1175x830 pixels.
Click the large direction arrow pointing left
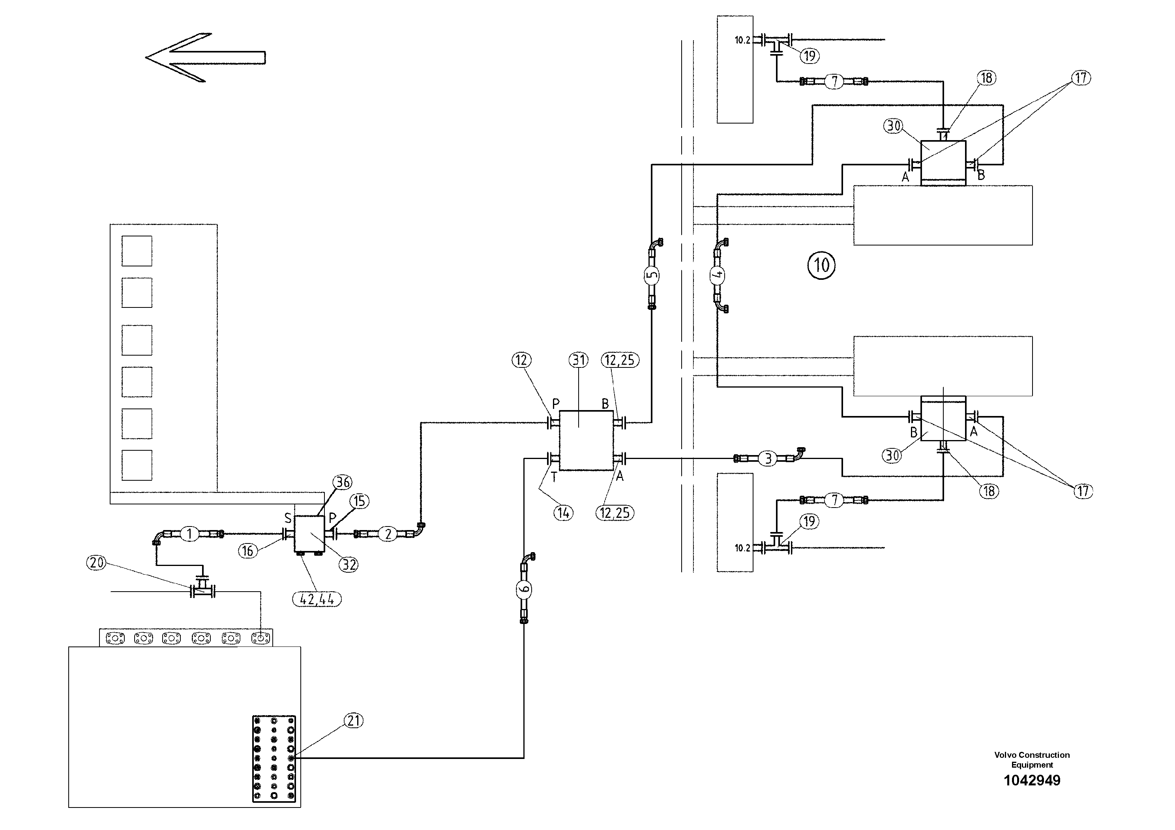[205, 57]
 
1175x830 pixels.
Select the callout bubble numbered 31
[579, 360]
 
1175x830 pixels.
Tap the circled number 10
[821, 265]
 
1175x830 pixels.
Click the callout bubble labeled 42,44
[317, 599]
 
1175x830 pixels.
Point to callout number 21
[353, 721]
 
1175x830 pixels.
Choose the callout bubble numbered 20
[96, 563]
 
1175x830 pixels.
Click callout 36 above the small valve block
[342, 482]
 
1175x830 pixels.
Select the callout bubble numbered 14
[564, 513]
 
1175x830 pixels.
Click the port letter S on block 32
[288, 518]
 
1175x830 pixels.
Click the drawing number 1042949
[1032, 780]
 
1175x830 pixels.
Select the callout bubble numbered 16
[248, 551]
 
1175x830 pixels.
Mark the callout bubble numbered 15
[359, 501]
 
